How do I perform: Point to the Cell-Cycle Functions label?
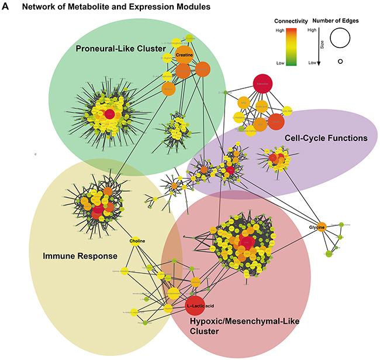tap(326, 138)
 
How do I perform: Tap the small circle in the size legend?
tap(340, 61)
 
